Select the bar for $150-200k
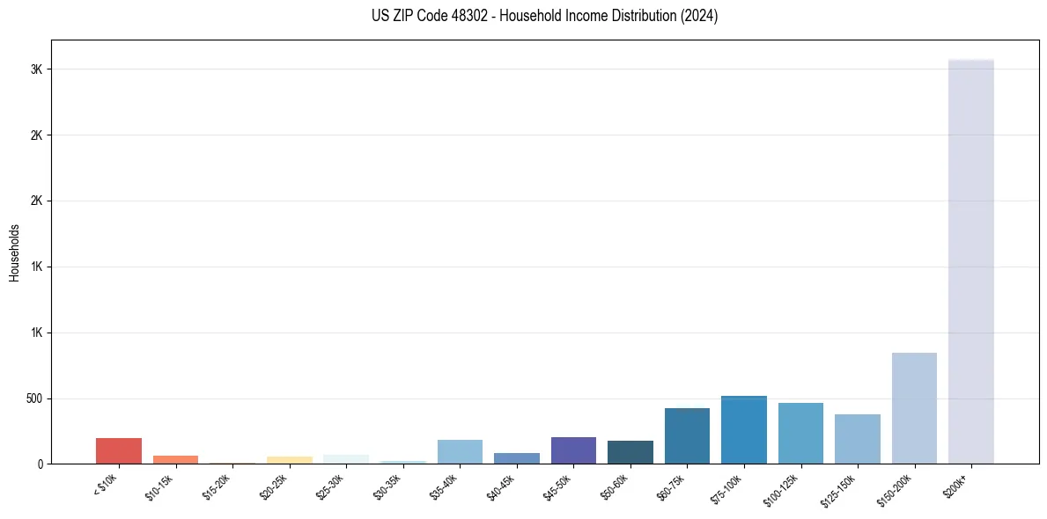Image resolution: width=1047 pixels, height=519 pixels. pyautogui.click(x=914, y=408)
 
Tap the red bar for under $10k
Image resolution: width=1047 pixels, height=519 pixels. pyautogui.click(x=119, y=450)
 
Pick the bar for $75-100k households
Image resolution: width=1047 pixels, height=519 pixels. pyautogui.click(x=743, y=430)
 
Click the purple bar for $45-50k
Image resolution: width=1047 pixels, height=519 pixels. pyautogui.click(x=573, y=450)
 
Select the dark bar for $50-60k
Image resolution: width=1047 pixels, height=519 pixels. pyautogui.click(x=630, y=452)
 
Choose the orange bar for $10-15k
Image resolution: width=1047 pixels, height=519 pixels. pyautogui.click(x=175, y=459)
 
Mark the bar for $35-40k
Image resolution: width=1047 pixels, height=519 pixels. pyautogui.click(x=460, y=451)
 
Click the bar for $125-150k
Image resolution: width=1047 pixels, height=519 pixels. pyautogui.click(x=857, y=439)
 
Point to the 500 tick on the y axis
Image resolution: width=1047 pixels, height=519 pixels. pyautogui.click(x=33, y=398)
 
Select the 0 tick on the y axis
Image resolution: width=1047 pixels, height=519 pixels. pyautogui.click(x=41, y=464)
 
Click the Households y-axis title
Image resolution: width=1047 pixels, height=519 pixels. pyautogui.click(x=15, y=252)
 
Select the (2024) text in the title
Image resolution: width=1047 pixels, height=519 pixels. pyautogui.click(x=700, y=16)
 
